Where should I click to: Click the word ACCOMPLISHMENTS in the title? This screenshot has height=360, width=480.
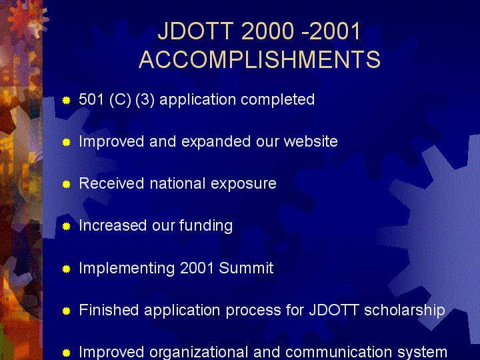[x=259, y=59]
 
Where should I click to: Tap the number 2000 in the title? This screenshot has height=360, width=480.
[x=267, y=31]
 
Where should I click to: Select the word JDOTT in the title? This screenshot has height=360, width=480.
[x=196, y=31]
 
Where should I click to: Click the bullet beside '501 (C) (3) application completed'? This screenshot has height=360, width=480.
[x=67, y=101]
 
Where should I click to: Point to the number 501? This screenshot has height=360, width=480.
[x=91, y=99]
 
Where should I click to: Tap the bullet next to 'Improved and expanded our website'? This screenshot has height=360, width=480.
[x=67, y=143]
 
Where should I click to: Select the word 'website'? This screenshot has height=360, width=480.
[x=311, y=141]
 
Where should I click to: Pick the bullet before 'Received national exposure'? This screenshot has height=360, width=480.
[x=67, y=184]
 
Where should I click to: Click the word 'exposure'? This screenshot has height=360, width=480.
[x=244, y=184]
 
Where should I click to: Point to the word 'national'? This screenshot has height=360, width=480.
[x=177, y=183]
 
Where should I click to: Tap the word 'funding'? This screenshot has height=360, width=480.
[x=206, y=226]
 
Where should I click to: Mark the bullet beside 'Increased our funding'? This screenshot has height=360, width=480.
[x=67, y=226]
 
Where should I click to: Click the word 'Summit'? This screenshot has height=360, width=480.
[x=246, y=268]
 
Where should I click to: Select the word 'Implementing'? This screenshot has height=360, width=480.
[x=127, y=269]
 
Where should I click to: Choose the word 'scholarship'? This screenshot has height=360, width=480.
[x=405, y=311]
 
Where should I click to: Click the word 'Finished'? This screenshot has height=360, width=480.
[x=109, y=310]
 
